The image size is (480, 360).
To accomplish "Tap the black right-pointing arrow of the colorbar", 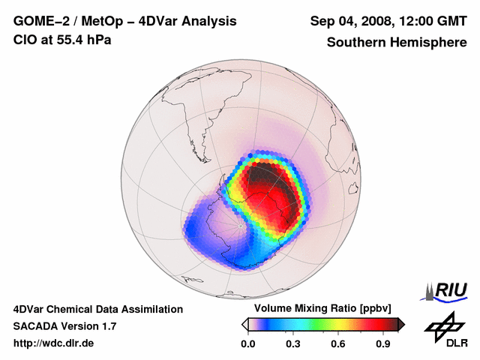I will coord(401,324).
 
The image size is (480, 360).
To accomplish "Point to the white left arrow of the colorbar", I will coord(244,324).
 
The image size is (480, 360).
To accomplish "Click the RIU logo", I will coord(445,290).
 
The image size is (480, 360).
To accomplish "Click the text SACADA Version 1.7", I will coord(64,326).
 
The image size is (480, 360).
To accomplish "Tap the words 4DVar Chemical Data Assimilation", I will coord(97,309).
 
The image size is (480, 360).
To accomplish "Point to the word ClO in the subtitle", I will coord(25,40).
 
